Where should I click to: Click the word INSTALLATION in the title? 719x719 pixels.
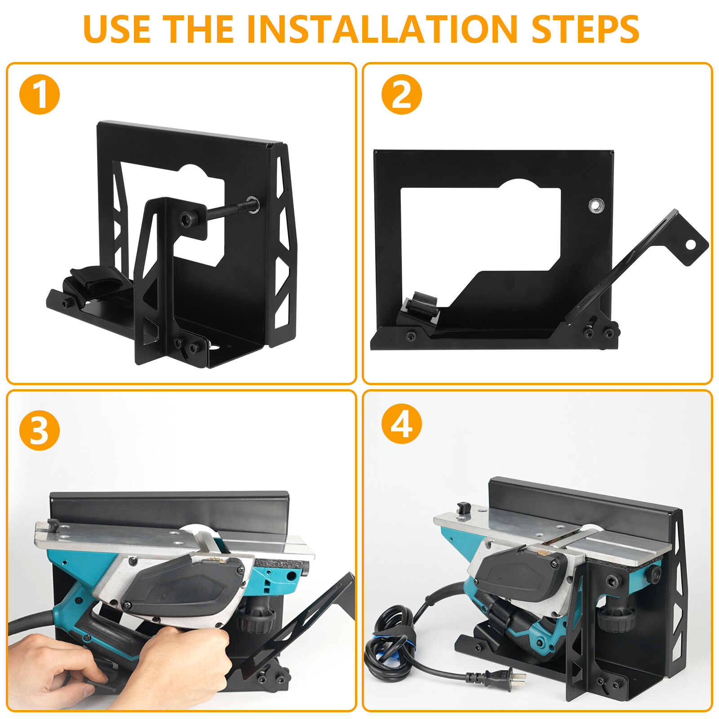coord(382,29)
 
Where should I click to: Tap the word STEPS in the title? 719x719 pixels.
coord(585,29)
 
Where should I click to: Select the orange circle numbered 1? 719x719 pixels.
coord(40,94)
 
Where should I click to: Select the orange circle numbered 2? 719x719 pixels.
coord(401,94)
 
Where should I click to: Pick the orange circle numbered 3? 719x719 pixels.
coord(40,431)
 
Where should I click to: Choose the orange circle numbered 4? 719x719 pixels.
coord(401,424)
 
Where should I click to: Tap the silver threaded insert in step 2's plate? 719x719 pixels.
coord(596,206)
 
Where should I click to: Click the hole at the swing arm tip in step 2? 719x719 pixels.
coord(690,244)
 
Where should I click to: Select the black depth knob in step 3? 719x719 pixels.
coord(256,620)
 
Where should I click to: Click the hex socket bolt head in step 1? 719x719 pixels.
coord(186,220)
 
